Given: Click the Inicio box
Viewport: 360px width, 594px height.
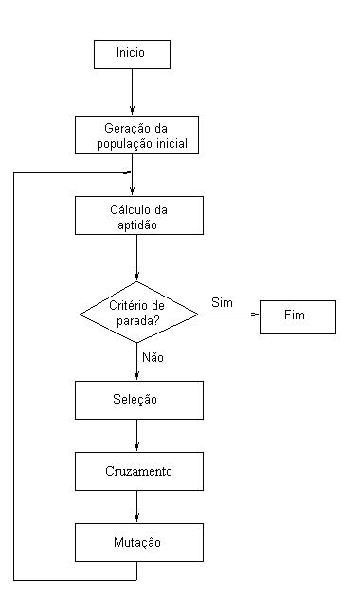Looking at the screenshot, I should (132, 53).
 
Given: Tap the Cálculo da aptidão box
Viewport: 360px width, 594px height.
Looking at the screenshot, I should (138, 216).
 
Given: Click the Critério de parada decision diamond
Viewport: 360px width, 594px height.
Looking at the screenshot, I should (138, 313).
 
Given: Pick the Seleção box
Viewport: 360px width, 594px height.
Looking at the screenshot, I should (138, 400).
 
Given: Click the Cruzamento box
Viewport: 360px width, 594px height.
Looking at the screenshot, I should (138, 471).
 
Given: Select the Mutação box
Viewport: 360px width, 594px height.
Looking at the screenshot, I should (138, 543).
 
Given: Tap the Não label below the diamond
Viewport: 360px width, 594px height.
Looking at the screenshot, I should (152, 358).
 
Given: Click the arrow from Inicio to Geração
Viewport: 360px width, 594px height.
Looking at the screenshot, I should (132, 92).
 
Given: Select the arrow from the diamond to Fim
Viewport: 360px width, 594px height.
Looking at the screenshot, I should (228, 315).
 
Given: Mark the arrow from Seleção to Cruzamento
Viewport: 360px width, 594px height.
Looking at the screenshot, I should (138, 435).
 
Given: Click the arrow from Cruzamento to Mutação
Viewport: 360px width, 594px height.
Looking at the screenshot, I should (138, 507).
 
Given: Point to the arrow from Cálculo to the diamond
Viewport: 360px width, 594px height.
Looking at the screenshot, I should (138, 258).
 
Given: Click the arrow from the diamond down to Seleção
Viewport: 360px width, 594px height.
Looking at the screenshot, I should (138, 365).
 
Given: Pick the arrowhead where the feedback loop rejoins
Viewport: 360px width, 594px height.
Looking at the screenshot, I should (127, 172).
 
